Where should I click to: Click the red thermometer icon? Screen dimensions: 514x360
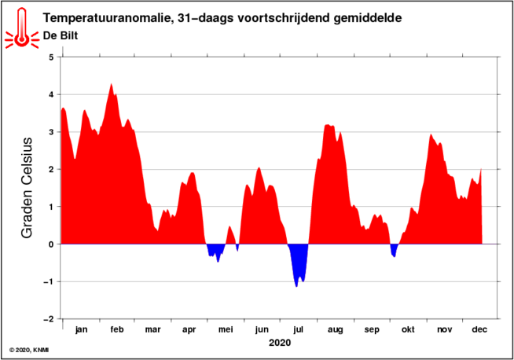[22, 29]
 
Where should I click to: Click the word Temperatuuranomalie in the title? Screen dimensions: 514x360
[107, 18]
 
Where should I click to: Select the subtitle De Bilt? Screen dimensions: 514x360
[61, 35]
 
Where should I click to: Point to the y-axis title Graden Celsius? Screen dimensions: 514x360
[27, 188]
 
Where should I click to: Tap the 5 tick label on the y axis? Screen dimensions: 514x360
[51, 57]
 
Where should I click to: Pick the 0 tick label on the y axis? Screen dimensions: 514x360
[51, 244]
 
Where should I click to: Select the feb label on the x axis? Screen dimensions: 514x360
[117, 329]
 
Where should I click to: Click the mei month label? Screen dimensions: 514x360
[226, 329]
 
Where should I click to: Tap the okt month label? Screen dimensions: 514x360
[408, 329]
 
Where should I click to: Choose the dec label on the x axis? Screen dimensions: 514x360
[479, 329]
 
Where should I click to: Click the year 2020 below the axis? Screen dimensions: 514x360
[280, 343]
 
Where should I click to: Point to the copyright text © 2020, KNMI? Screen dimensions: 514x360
[29, 350]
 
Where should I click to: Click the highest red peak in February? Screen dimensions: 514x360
[111, 84]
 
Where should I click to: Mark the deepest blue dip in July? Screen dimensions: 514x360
[296, 286]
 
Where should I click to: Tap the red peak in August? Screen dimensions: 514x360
[327, 125]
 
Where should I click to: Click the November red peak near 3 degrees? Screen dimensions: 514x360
[431, 134]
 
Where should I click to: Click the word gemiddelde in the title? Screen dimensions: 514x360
[368, 18]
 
